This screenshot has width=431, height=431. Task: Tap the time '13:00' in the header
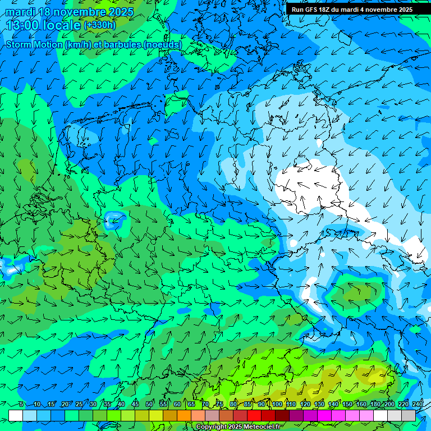pos(22,25)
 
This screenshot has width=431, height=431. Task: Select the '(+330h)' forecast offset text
pos(99,25)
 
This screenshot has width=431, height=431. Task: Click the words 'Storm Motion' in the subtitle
pos(34,44)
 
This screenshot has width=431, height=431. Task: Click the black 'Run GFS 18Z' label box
pos(352,10)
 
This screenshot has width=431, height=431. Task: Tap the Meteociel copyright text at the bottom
pos(239,427)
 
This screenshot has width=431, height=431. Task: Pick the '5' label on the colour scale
pos(21,404)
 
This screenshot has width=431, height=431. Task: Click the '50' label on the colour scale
pos(149,404)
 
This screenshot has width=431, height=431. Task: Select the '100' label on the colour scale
pos(277,404)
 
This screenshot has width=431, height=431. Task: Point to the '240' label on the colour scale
pos(418,404)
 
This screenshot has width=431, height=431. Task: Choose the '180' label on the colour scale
pos(375,404)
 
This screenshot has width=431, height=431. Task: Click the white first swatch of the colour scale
pos(16,415)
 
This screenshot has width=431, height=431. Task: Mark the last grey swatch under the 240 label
pos(409,415)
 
